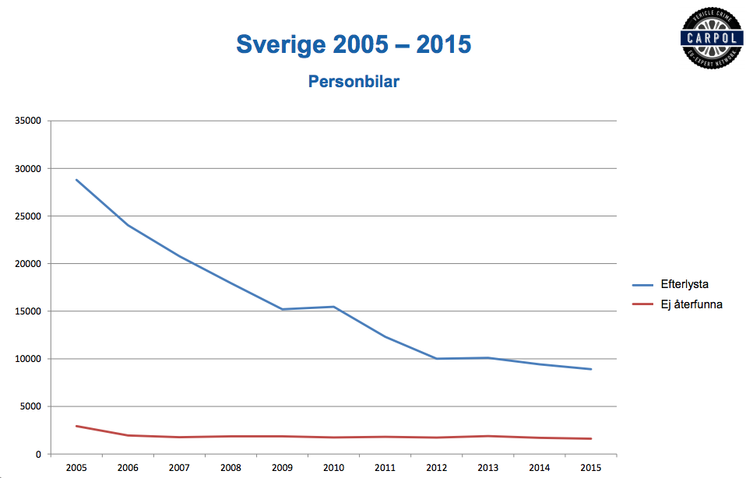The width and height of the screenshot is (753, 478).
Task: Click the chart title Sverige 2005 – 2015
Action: [x=354, y=44]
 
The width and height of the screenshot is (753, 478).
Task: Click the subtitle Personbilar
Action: [x=354, y=81]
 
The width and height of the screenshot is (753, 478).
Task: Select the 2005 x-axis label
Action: [x=76, y=467]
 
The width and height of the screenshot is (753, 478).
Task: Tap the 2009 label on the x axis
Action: [x=283, y=467]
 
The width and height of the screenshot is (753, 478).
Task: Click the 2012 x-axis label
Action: [x=437, y=467]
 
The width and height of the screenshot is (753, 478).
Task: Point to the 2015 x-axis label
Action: [x=591, y=467]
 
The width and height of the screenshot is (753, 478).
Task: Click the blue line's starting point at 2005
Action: [x=76, y=180]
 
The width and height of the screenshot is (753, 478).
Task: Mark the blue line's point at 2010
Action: [x=334, y=307]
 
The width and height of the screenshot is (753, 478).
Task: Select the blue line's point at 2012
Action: [x=437, y=359]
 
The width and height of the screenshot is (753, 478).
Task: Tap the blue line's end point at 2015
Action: [x=591, y=369]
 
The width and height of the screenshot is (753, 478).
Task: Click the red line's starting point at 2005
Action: [x=76, y=426]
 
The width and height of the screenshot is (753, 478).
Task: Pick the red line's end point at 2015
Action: [x=591, y=438]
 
